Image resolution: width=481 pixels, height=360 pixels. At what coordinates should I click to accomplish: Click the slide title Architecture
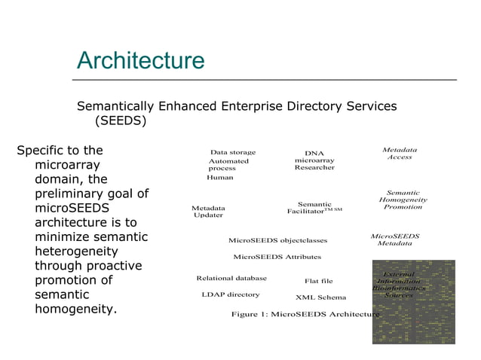coord(140,60)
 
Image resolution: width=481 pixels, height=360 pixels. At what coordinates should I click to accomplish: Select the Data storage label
coord(233,152)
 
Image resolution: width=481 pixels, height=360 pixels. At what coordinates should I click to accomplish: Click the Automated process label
coord(228,165)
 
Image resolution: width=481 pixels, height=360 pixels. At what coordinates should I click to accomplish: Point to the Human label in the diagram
coord(220,178)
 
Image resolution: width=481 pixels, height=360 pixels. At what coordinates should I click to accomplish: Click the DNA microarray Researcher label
coord(314,160)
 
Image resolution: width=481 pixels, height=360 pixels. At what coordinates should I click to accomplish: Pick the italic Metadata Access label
coord(400,154)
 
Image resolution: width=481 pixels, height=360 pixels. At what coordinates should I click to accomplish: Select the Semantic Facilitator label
coord(314,208)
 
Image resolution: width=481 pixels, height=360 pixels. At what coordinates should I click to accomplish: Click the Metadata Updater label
coord(208,212)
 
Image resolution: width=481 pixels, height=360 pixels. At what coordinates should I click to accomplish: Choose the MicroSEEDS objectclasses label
coord(278,241)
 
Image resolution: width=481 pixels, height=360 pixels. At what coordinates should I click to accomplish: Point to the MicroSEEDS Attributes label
coord(277,257)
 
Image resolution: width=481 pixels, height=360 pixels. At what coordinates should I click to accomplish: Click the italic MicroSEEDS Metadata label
coord(395,239)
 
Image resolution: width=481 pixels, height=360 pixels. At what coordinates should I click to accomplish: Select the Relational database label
coord(231,278)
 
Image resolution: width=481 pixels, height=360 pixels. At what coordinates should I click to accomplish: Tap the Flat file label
coord(319,281)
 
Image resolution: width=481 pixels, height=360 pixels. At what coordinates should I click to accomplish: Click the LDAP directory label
coord(231,294)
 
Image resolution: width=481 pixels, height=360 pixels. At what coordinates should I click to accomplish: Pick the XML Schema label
coord(321,297)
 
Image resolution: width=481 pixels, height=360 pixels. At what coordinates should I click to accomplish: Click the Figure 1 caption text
coord(305,314)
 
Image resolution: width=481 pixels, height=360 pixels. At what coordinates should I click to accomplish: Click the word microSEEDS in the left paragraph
coord(72,208)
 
